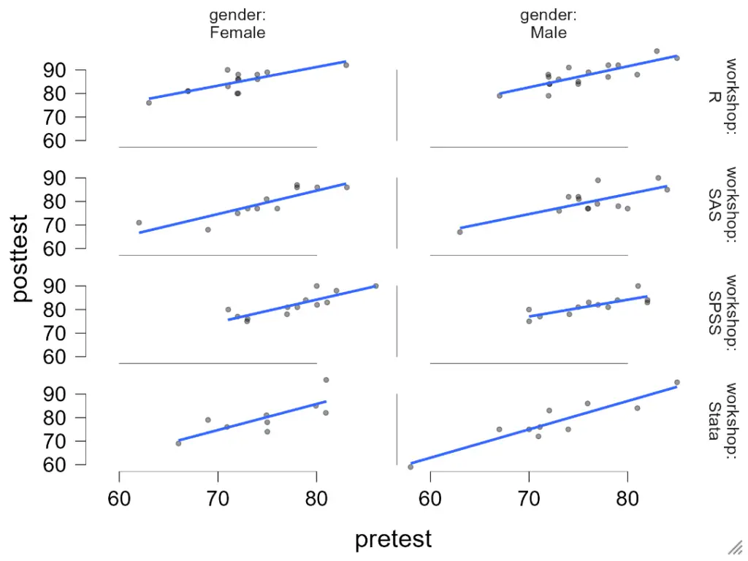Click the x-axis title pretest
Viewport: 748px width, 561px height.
[x=393, y=539]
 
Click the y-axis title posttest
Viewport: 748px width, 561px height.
[x=21, y=257]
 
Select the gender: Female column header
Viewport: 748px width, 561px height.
[x=237, y=24]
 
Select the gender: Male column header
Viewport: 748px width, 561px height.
[x=549, y=24]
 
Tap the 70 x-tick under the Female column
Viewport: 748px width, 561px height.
[x=218, y=498]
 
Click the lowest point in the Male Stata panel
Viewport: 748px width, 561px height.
[x=411, y=467]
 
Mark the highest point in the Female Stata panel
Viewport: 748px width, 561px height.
[x=326, y=380]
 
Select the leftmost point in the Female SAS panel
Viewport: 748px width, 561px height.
[x=139, y=223]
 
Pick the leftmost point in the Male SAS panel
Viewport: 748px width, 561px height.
[x=459, y=232]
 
